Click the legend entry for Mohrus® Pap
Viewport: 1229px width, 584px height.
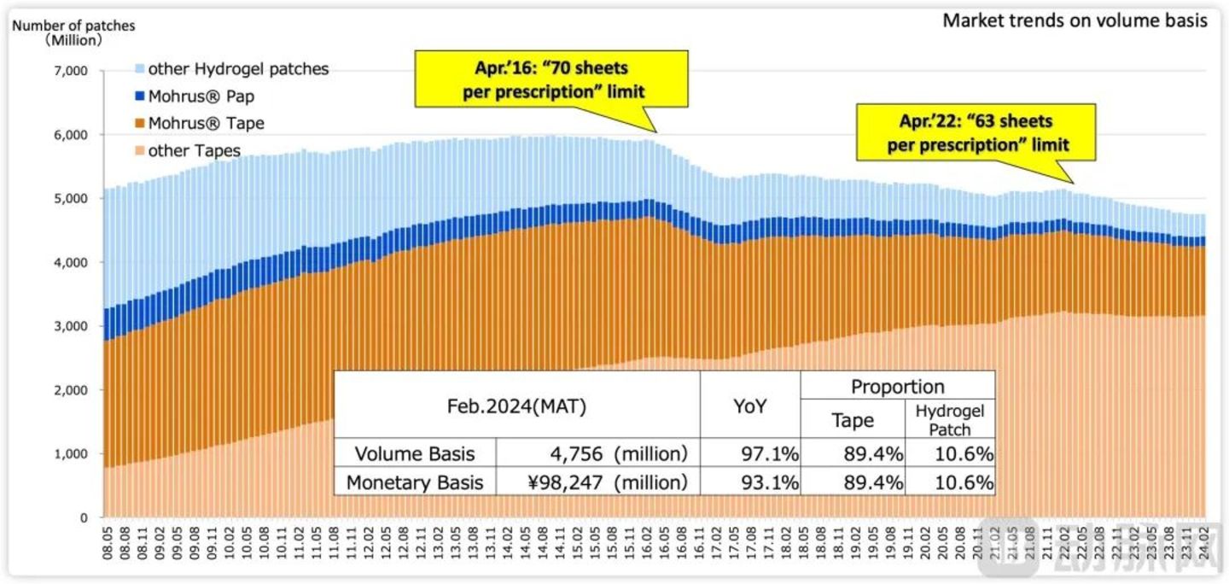(x=201, y=96)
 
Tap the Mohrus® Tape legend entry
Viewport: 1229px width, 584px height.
(x=206, y=124)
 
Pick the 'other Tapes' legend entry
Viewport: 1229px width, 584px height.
(x=194, y=151)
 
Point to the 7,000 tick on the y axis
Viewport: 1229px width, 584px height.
(x=71, y=71)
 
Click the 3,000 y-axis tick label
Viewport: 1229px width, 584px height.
(x=71, y=326)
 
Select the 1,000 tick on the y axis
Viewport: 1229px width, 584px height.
(x=71, y=454)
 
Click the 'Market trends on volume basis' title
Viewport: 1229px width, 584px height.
(x=1075, y=21)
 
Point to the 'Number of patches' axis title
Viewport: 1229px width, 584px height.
(x=73, y=26)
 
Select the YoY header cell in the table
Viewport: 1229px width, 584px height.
(x=749, y=406)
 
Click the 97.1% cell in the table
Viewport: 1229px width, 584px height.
(x=770, y=453)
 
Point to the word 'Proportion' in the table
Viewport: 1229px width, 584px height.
(x=897, y=386)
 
